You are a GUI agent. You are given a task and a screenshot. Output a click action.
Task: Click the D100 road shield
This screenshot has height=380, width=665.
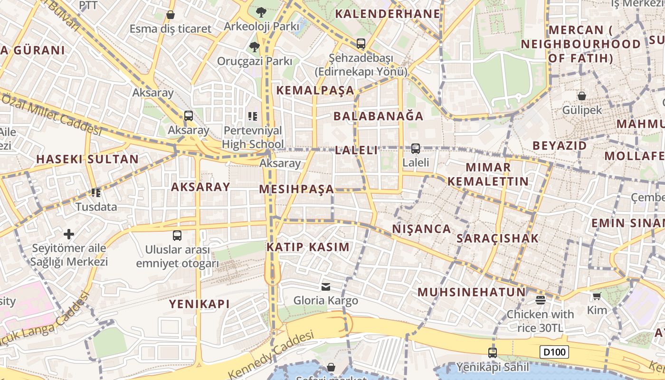554,352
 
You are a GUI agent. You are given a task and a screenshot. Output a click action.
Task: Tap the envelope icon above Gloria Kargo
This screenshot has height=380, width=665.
326,286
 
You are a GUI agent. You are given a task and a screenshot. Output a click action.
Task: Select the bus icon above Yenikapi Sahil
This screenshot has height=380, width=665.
493,353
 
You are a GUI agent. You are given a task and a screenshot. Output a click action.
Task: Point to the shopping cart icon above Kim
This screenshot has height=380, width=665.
597,296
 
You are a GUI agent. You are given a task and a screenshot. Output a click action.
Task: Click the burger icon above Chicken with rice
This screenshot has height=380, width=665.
540,300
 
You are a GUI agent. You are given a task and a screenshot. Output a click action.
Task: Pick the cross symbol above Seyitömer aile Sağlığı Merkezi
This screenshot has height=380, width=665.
69,234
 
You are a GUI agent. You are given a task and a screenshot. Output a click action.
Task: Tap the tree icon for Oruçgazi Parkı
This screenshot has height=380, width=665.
255,47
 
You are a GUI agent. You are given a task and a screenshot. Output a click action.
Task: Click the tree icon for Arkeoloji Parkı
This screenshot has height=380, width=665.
261,12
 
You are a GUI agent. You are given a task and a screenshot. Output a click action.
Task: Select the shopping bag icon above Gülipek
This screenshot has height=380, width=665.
582,96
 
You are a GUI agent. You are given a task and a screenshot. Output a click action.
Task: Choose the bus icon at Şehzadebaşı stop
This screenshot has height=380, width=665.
361,44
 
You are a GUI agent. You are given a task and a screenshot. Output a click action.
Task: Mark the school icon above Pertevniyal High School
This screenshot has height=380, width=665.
253,116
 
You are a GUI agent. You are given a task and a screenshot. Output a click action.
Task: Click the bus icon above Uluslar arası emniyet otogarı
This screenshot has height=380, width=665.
177,235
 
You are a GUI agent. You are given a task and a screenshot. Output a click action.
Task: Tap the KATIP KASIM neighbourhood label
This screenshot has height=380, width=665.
308,247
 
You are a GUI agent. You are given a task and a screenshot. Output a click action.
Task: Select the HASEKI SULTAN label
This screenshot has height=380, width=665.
87,159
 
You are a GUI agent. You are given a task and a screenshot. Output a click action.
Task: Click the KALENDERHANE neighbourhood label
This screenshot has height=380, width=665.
388,14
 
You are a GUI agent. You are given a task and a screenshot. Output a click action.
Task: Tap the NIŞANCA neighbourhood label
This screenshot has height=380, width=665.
422,229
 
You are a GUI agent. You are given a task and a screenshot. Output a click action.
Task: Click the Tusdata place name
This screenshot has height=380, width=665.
96,207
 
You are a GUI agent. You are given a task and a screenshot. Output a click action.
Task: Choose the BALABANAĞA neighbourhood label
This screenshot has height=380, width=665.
378,116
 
